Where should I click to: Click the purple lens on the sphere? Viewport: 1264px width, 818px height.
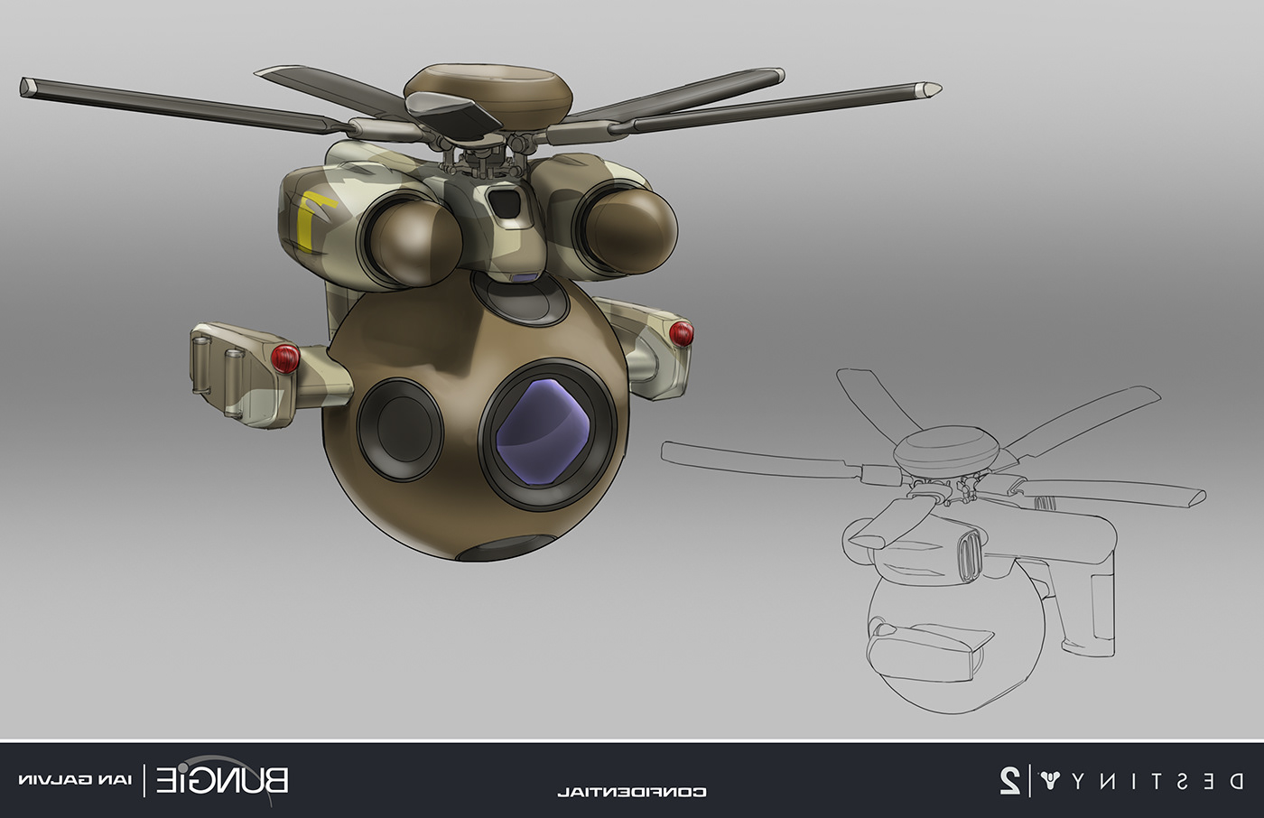543,431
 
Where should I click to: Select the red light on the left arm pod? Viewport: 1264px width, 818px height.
285,358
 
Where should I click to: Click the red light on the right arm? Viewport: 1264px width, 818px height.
682,333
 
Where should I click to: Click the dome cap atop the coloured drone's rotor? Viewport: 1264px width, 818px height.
488,88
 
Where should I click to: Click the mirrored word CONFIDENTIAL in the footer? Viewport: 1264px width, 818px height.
631,792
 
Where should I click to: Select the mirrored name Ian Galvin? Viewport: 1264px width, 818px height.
75,780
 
